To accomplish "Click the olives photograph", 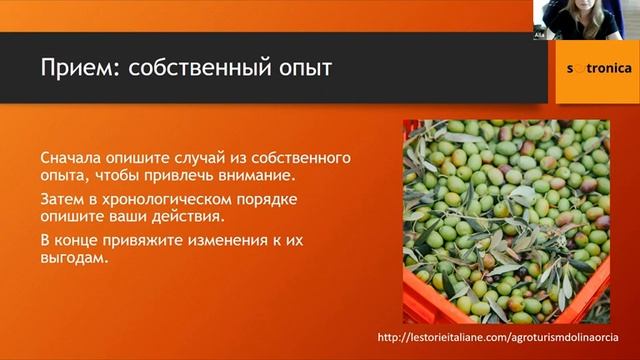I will point(506,221).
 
